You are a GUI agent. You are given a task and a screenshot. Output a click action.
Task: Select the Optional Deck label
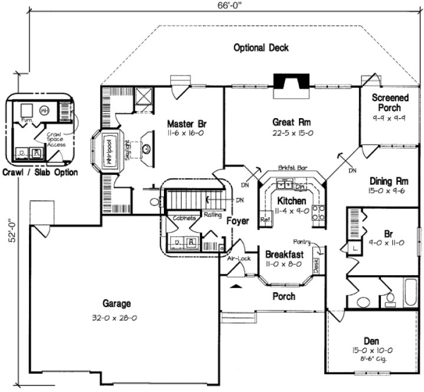[261, 48]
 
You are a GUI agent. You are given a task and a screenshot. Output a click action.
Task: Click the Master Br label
[186, 124]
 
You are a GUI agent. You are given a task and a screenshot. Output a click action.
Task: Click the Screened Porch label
[386, 103]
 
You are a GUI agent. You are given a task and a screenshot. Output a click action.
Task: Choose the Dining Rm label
[389, 181]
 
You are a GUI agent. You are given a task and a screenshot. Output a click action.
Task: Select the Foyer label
[238, 221]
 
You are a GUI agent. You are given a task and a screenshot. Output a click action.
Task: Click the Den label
[372, 341]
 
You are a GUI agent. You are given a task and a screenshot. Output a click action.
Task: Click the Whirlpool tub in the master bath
[109, 153]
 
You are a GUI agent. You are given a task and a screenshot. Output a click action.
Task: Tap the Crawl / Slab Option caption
[40, 172]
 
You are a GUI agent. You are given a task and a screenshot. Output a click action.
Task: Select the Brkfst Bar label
[290, 168]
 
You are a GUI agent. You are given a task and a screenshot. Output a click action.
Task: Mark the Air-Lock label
[233, 258]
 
